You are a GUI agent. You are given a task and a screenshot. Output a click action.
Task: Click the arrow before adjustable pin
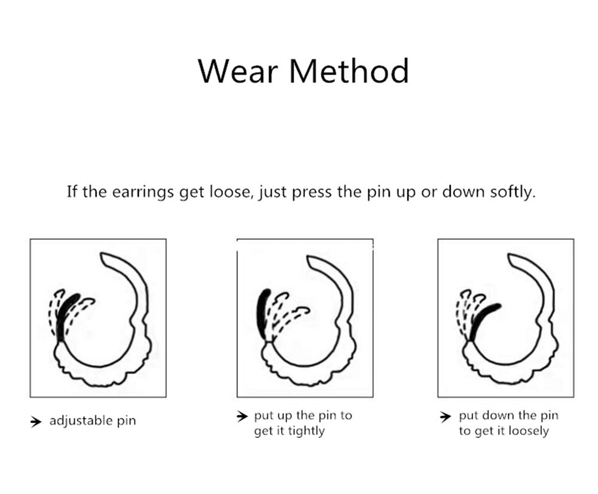coord(35,421)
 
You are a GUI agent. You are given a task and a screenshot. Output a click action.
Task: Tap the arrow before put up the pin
coord(242,416)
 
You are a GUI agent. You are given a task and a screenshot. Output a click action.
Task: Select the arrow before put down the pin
coord(445,416)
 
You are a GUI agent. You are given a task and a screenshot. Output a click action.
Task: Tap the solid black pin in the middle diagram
coord(263,312)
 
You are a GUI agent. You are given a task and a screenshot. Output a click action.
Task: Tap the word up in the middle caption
coord(285,416)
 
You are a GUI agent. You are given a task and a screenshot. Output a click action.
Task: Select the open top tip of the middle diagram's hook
coord(309,259)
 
